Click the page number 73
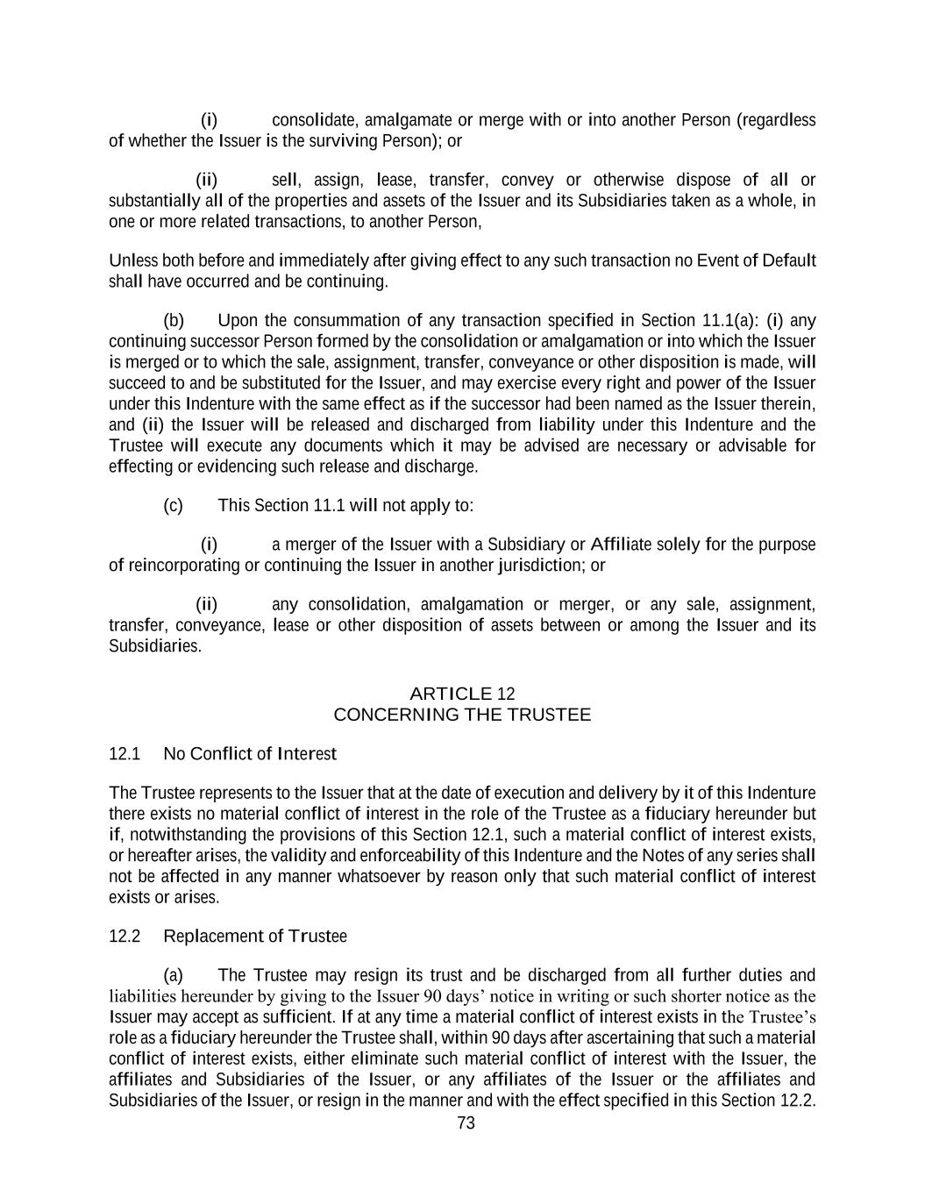pyautogui.click(x=466, y=1123)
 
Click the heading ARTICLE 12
pyautogui.click(x=462, y=694)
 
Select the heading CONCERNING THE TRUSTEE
pyautogui.click(x=462, y=715)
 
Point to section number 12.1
pyautogui.click(x=125, y=754)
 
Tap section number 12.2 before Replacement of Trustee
pyautogui.click(x=125, y=937)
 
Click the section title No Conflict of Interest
pyautogui.click(x=250, y=754)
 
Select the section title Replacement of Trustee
pyautogui.click(x=255, y=937)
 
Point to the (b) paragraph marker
pyautogui.click(x=174, y=320)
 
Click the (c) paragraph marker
pyautogui.click(x=174, y=506)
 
